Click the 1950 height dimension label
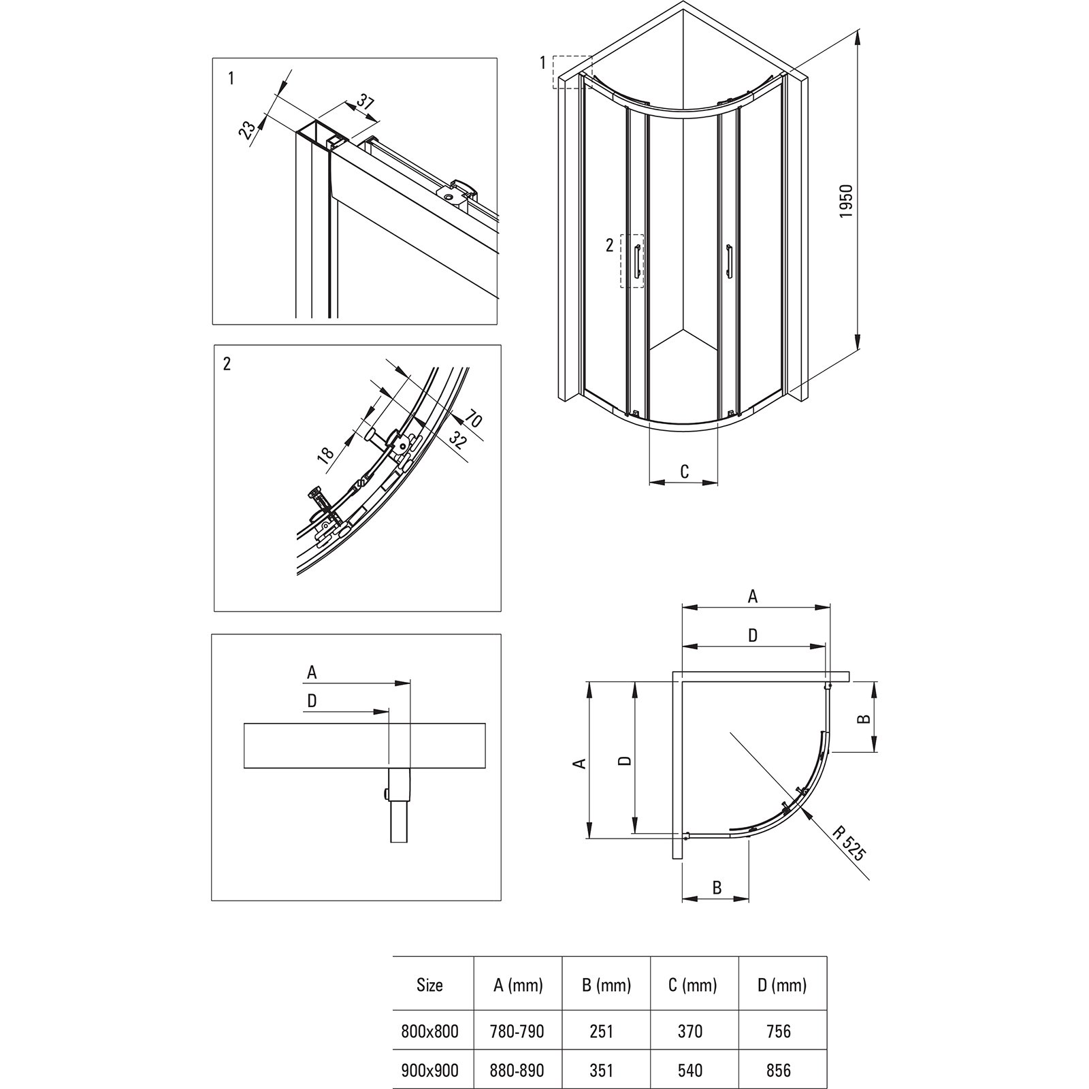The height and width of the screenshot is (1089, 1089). [846, 201]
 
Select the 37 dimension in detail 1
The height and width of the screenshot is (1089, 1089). [365, 103]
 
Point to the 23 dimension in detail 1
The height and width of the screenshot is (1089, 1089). [248, 129]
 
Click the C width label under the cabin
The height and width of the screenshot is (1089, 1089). [684, 471]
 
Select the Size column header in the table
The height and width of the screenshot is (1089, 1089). [429, 984]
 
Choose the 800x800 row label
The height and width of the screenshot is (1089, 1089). [429, 1031]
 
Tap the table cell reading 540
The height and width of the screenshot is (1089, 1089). [690, 1070]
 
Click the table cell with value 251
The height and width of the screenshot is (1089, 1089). [602, 1031]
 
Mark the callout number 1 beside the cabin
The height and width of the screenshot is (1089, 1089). [542, 63]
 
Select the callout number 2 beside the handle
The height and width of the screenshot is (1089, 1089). [610, 245]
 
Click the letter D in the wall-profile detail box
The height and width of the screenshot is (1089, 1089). [312, 701]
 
